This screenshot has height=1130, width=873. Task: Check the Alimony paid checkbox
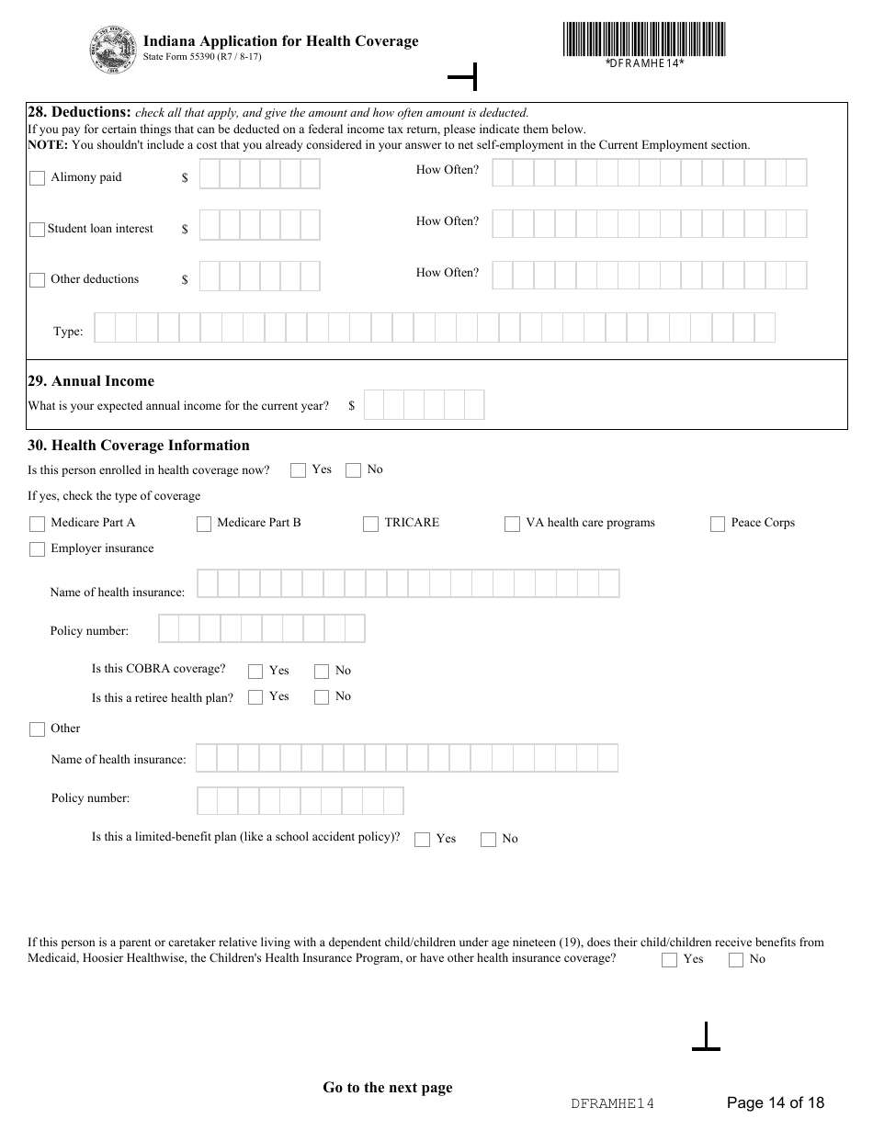(37, 178)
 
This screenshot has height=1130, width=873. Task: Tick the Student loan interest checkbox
(37, 230)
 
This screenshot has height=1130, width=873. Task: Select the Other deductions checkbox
(37, 280)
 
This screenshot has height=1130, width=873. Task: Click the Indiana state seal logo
(111, 50)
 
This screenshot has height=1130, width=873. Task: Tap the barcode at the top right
(644, 40)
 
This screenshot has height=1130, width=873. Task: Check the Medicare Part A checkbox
(37, 524)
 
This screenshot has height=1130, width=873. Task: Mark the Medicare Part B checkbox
(204, 524)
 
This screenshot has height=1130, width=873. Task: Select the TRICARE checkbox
(370, 524)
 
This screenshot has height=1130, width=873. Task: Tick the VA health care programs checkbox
(512, 524)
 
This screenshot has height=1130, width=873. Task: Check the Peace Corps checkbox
(718, 524)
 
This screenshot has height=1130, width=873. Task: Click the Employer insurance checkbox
(37, 549)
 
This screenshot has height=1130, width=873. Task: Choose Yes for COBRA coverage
(255, 672)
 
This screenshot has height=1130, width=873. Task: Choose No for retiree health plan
(322, 697)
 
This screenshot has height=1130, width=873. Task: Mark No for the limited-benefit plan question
(488, 840)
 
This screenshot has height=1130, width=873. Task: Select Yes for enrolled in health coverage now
(298, 470)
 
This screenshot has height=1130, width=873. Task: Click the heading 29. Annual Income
(91, 381)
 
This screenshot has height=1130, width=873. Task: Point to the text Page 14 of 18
(775, 1102)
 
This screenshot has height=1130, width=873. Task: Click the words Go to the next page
(387, 1088)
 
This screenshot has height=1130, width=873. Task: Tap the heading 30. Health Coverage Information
(139, 446)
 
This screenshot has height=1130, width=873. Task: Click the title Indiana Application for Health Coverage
(280, 41)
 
